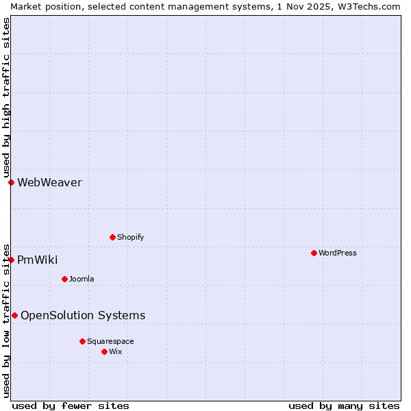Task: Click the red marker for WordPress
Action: pos(314,253)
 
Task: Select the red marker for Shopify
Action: pos(112,237)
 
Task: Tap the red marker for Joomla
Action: pos(64,279)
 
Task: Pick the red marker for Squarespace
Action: pos(82,341)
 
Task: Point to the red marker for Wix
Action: pos(104,351)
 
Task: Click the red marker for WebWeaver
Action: pos(11,182)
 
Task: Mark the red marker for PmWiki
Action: pos(11,260)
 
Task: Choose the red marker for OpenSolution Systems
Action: pos(14,315)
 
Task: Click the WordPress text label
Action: pos(338,253)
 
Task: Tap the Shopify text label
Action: pos(130,237)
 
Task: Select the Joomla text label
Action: pos(82,279)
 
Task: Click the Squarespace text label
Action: pos(110,341)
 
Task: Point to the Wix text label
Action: pos(115,351)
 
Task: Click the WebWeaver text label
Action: pos(49,182)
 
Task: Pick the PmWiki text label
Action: pos(37,260)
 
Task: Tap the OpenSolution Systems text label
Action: pos(83,315)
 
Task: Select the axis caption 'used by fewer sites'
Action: pos(71,406)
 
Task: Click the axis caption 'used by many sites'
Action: pos(344,406)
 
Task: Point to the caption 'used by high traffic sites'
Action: pos(6,97)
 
